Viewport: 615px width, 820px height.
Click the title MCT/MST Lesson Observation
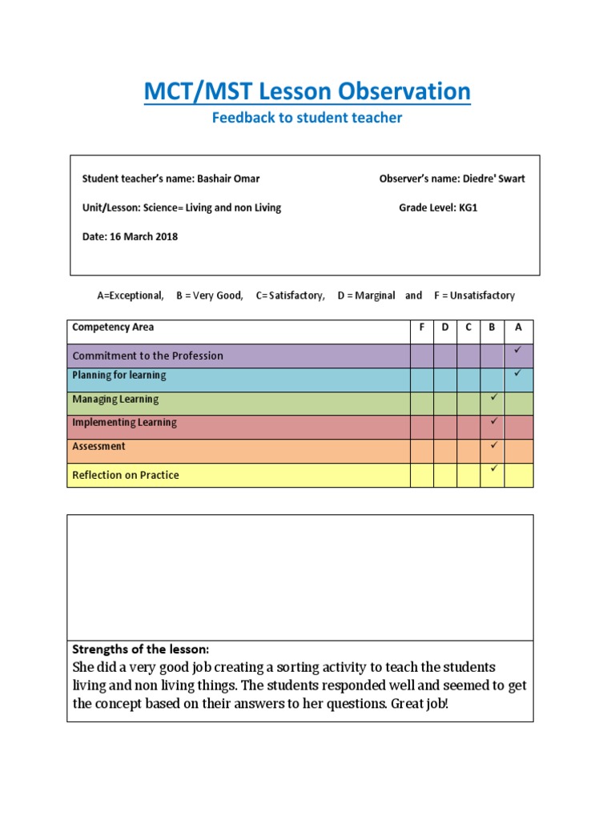(x=307, y=92)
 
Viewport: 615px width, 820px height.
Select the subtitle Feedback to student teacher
(x=307, y=119)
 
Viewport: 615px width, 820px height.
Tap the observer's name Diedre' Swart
(x=493, y=179)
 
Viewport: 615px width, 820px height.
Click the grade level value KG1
(x=468, y=207)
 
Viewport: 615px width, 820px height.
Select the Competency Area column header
(x=113, y=328)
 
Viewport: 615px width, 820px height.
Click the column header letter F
(x=422, y=328)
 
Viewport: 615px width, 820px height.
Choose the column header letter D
(x=445, y=328)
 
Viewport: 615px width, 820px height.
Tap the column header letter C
(x=468, y=328)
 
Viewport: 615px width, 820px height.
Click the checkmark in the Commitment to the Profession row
(x=518, y=351)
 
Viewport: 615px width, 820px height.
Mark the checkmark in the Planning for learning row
(x=518, y=373)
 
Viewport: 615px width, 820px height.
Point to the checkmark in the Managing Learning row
(x=494, y=397)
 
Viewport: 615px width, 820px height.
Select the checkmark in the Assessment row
(x=494, y=444)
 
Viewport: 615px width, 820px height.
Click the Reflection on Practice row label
(x=126, y=475)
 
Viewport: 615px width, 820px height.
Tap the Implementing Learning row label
(x=124, y=422)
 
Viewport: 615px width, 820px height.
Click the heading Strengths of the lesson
(x=140, y=649)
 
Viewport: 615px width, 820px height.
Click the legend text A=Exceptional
(x=131, y=295)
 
